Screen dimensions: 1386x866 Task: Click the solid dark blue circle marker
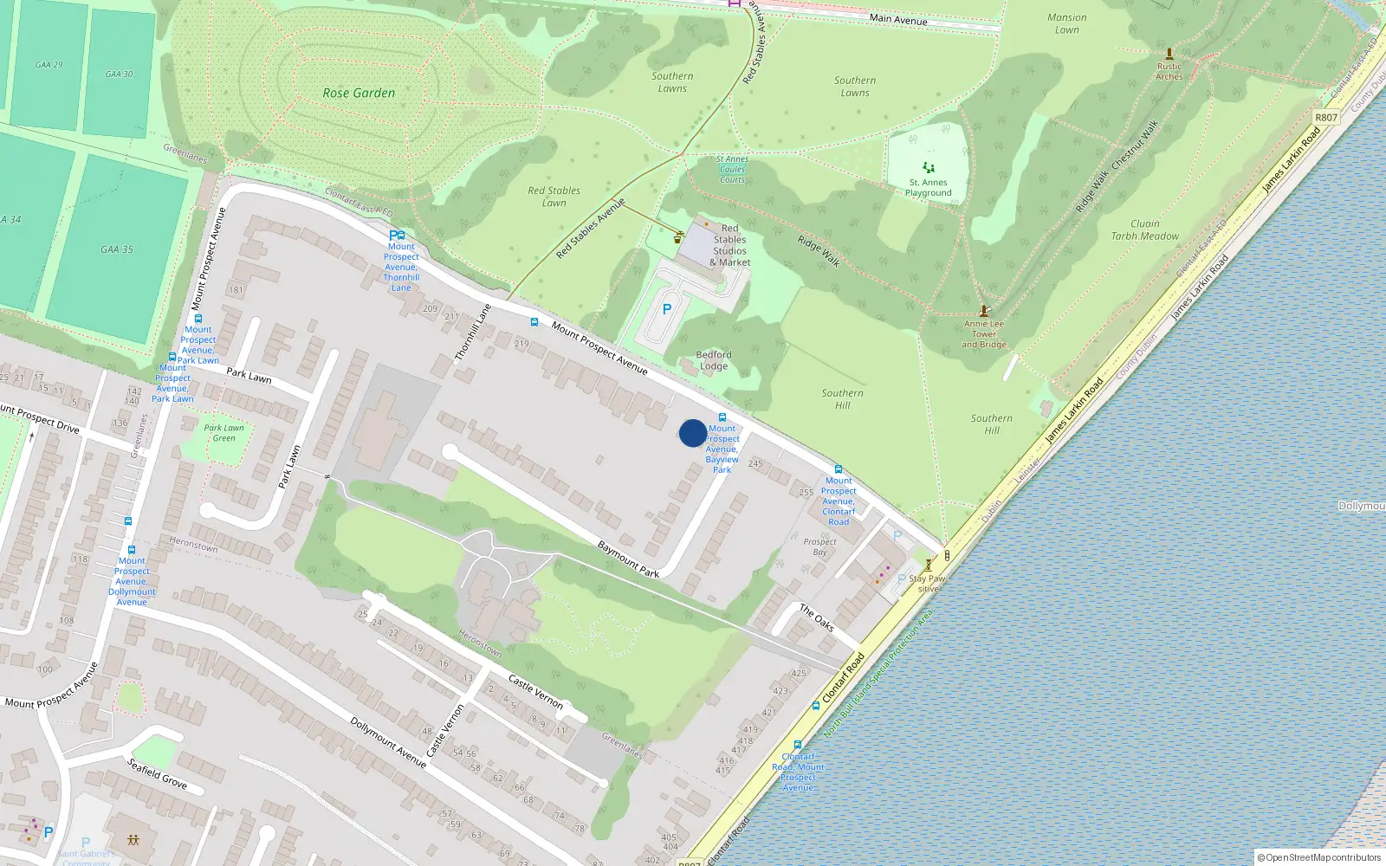point(692,433)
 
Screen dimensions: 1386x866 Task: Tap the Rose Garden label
point(359,93)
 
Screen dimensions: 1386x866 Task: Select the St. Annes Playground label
point(928,187)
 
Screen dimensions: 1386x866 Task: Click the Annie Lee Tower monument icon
point(984,311)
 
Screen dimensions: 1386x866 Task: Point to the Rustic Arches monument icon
point(1169,54)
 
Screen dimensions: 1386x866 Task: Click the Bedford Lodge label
point(714,360)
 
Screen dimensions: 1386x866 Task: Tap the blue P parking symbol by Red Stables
point(666,309)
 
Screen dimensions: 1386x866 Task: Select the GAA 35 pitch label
point(116,249)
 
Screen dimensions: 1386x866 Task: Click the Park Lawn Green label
point(223,432)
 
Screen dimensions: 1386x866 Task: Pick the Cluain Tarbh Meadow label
point(1144,229)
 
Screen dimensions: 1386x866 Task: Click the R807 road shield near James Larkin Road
point(1325,117)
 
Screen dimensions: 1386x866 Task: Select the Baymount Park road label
point(628,559)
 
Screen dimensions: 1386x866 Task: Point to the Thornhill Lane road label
point(473,332)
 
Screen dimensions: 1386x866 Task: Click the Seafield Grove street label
point(157,773)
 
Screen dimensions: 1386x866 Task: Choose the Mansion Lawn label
point(1066,23)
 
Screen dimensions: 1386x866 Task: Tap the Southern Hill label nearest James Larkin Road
point(991,423)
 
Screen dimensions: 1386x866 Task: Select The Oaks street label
point(816,617)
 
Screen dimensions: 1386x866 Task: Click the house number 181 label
point(236,290)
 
